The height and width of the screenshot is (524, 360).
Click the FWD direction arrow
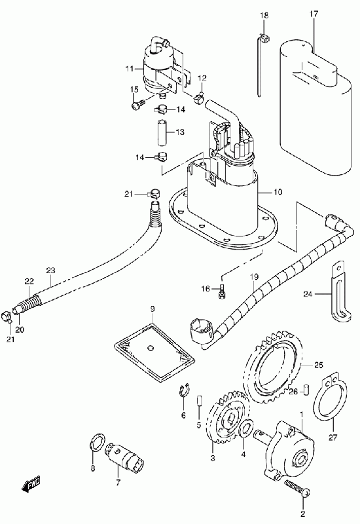click(31, 484)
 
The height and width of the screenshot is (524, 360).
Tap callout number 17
click(314, 14)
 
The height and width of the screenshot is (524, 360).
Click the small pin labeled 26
click(306, 390)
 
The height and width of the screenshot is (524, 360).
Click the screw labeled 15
click(137, 104)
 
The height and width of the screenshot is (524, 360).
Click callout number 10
click(278, 192)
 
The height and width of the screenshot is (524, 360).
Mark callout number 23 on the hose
click(51, 270)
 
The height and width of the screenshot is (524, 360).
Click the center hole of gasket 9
click(151, 348)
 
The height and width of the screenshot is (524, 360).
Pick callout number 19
click(254, 276)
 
